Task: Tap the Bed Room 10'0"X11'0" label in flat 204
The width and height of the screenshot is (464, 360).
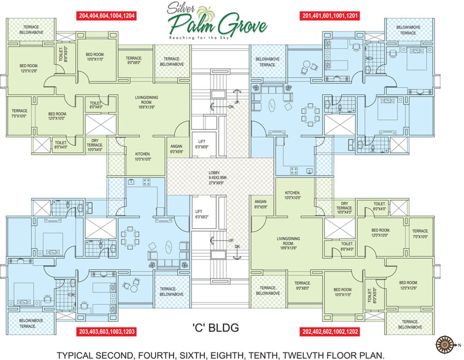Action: click(x=95, y=57)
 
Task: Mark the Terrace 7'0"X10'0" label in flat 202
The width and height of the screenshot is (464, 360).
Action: click(x=420, y=234)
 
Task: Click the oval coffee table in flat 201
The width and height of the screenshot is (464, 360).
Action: click(x=273, y=106)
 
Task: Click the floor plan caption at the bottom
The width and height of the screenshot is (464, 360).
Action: click(x=221, y=355)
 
